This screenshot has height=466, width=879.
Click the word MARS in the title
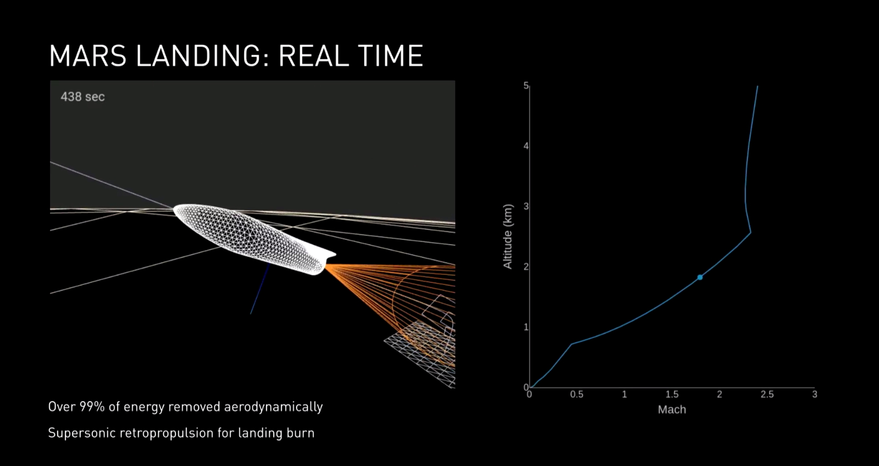click(88, 56)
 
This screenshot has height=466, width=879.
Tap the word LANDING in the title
click(198, 56)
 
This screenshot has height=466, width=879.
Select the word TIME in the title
click(390, 56)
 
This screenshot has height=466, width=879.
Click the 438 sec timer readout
click(83, 97)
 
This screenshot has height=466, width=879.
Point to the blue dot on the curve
click(700, 277)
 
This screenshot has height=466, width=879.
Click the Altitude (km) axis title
click(508, 237)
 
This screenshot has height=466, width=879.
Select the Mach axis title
click(672, 409)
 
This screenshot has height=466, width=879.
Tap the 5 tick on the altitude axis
click(526, 86)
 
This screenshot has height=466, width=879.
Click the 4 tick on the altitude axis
click(526, 146)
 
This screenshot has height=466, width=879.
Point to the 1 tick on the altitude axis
click(526, 327)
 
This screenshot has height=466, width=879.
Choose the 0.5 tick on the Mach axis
click(576, 394)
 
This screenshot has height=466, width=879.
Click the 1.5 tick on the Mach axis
click(672, 394)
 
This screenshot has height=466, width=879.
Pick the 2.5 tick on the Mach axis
click(767, 394)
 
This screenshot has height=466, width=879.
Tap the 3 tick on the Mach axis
click(815, 394)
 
